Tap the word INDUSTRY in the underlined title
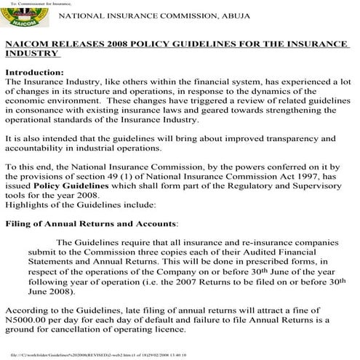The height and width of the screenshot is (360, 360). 31,55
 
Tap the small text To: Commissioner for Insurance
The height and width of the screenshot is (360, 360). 34,4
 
